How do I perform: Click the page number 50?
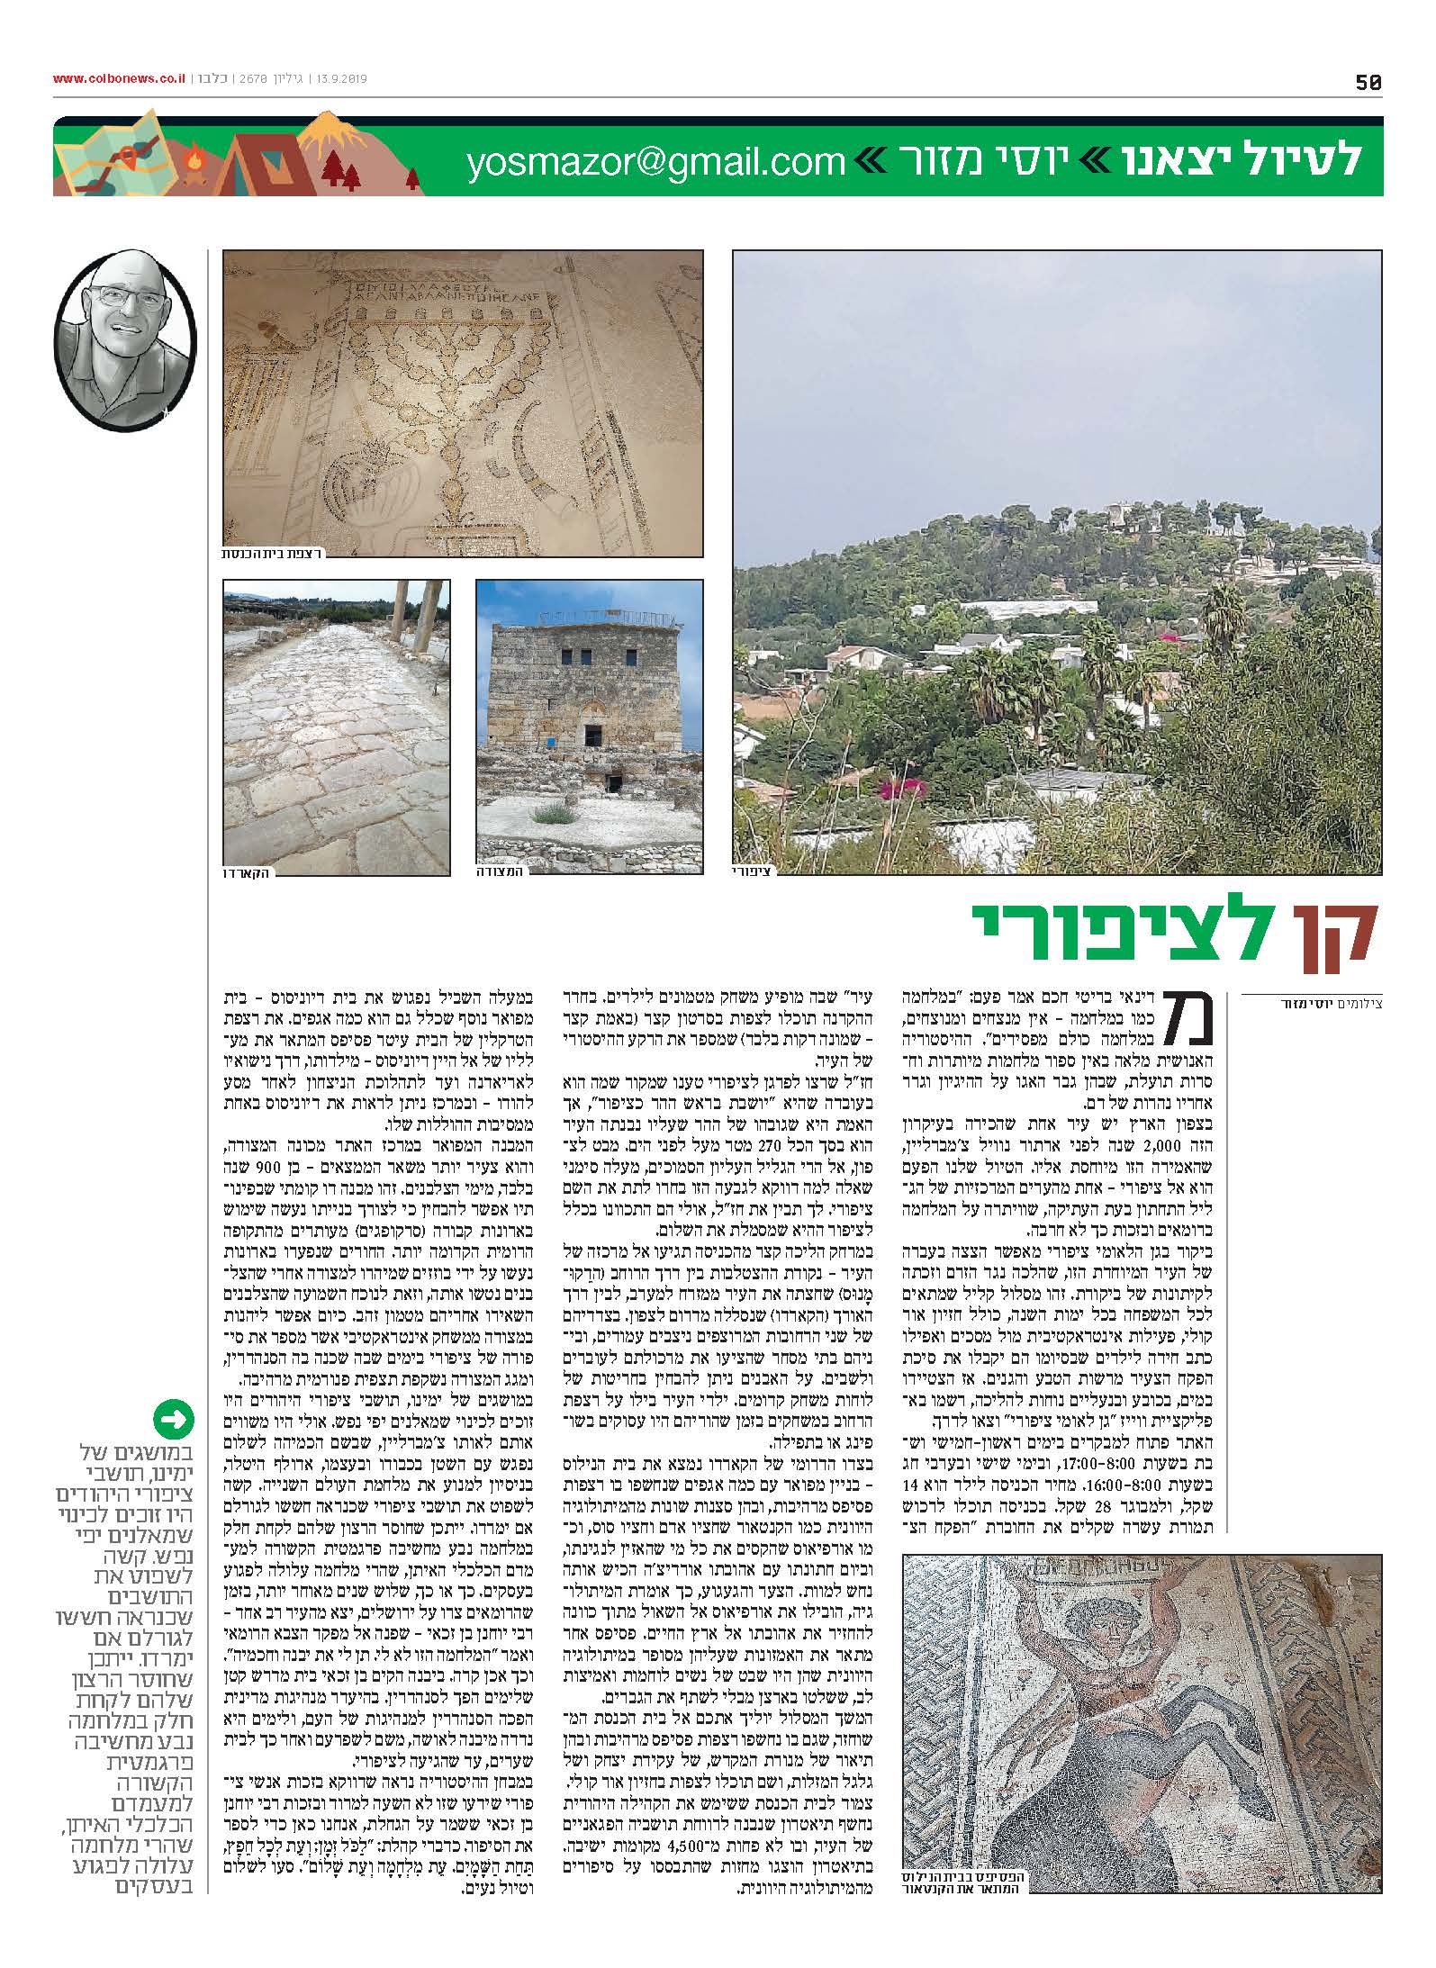(x=1368, y=82)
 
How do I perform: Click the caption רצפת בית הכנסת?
(x=274, y=551)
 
